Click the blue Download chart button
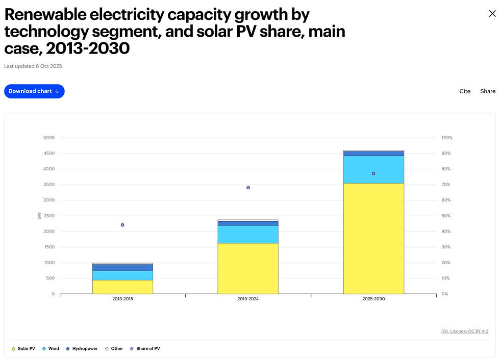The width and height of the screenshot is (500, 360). click(x=34, y=91)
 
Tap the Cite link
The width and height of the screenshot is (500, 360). click(x=465, y=91)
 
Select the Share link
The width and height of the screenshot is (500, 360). click(x=488, y=91)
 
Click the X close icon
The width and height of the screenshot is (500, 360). click(x=492, y=14)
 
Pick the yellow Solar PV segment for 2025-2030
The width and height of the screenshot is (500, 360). click(x=373, y=238)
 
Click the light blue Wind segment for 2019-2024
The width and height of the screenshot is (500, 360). click(x=248, y=234)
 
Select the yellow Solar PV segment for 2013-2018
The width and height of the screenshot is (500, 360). click(x=122, y=287)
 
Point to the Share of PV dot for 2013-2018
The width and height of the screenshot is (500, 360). click(x=122, y=225)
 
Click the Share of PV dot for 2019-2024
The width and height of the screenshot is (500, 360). click(x=248, y=188)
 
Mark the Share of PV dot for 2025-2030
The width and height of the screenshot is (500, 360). click(x=373, y=173)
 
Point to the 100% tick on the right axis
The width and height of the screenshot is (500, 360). click(x=447, y=138)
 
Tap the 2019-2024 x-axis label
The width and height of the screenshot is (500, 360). click(x=248, y=299)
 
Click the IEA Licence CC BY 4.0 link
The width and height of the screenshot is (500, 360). click(x=464, y=331)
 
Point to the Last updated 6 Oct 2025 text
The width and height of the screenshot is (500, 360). click(x=33, y=66)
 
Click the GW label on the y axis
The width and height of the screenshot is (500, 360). click(x=39, y=216)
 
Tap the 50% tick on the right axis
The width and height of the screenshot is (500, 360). click(x=446, y=216)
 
